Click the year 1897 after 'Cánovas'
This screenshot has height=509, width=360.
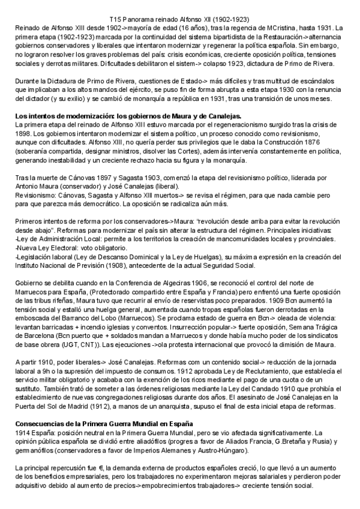[105, 178]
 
